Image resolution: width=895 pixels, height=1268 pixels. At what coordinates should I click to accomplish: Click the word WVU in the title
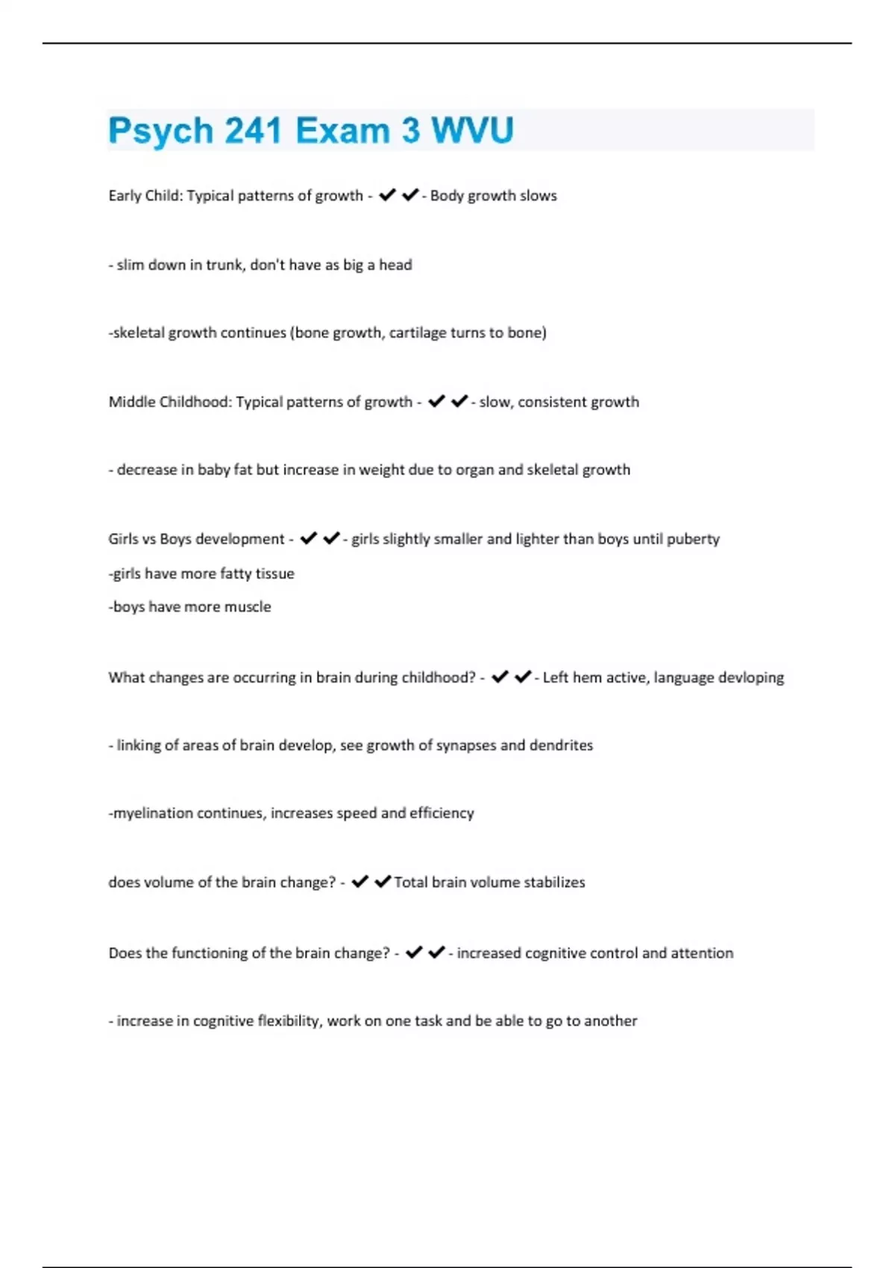pyautogui.click(x=472, y=131)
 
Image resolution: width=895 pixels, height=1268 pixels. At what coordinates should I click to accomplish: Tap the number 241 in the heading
pyautogui.click(x=253, y=131)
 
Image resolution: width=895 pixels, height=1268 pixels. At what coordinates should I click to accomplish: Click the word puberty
pyautogui.click(x=693, y=539)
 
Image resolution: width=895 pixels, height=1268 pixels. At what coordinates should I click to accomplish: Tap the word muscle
pyautogui.click(x=248, y=607)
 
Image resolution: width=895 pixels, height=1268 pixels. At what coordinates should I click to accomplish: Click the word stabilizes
pyautogui.click(x=554, y=882)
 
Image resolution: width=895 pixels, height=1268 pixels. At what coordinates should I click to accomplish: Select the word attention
pyautogui.click(x=702, y=953)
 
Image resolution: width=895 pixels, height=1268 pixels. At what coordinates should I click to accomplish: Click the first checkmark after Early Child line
pyautogui.click(x=387, y=195)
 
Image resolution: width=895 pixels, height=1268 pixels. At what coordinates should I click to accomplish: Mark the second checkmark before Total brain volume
pyautogui.click(x=383, y=882)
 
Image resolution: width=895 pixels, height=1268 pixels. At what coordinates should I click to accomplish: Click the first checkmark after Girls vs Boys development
pyautogui.click(x=308, y=539)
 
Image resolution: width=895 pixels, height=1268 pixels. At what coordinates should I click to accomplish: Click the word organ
pyautogui.click(x=476, y=470)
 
